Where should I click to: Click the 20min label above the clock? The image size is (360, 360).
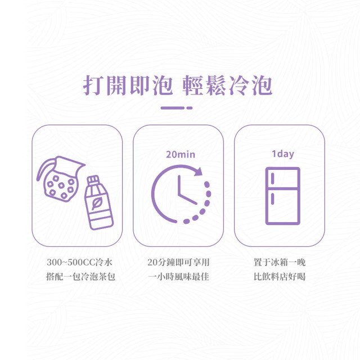click(181, 155)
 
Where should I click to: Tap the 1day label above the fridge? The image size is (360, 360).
click(282, 154)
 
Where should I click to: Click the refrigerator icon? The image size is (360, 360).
click(282, 196)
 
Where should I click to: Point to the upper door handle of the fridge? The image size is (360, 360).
click(272, 178)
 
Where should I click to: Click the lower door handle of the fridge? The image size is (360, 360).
click(272, 199)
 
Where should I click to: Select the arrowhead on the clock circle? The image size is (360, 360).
click(198, 171)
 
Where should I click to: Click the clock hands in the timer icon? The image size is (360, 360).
click(186, 190)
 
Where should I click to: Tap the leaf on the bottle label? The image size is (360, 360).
click(97, 204)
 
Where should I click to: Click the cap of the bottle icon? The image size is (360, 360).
click(93, 179)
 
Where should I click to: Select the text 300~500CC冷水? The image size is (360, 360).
click(79, 262)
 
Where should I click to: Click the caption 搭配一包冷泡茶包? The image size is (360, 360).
click(80, 276)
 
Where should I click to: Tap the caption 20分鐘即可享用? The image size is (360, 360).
click(178, 262)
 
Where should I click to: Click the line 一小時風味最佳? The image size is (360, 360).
click(178, 276)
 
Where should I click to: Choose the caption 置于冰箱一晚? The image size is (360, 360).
click(280, 262)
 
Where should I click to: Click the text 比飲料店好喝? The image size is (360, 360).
click(280, 276)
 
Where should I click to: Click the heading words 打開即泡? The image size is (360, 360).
click(128, 85)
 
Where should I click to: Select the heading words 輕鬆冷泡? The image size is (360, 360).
click(227, 85)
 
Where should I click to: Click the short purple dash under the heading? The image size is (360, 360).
click(190, 108)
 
